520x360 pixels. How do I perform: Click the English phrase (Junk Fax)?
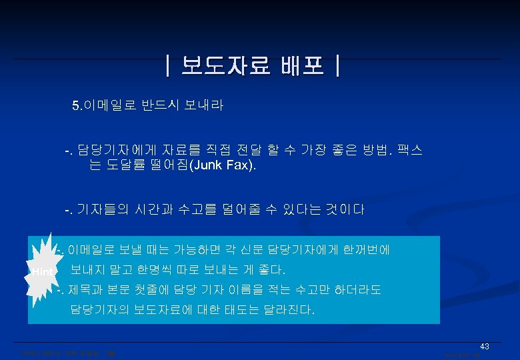point(224,165)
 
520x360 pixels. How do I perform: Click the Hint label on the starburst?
point(42,271)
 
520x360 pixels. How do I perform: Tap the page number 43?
point(485,346)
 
